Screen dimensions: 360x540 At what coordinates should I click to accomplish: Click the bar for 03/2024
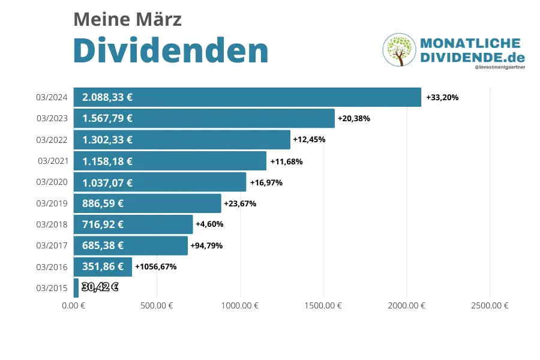click(x=247, y=97)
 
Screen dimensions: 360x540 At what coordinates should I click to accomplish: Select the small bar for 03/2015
click(x=76, y=287)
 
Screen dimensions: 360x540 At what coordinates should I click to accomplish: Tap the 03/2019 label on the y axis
click(x=51, y=203)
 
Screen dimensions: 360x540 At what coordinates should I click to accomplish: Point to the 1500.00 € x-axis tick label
click(x=323, y=305)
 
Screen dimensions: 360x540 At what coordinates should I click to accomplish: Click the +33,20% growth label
click(x=442, y=97)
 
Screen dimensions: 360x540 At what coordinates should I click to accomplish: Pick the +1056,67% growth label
click(x=155, y=266)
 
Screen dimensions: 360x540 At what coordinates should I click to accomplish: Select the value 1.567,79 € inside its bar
click(x=107, y=118)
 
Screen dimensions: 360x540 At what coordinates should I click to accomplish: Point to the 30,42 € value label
click(x=100, y=287)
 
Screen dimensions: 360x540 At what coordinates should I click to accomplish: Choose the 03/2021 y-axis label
click(x=51, y=161)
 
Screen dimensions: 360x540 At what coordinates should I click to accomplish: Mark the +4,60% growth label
click(x=209, y=224)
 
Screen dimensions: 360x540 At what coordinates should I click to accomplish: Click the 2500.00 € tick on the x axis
click(x=490, y=305)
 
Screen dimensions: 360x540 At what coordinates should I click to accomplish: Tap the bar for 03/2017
click(x=131, y=245)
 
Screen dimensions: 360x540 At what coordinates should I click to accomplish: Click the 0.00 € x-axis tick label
click(x=74, y=305)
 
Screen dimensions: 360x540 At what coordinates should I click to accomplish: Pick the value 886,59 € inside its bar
click(x=103, y=203)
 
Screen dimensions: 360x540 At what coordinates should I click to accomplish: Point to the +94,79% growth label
click(x=206, y=245)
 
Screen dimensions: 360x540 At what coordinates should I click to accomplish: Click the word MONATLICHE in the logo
click(x=470, y=44)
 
